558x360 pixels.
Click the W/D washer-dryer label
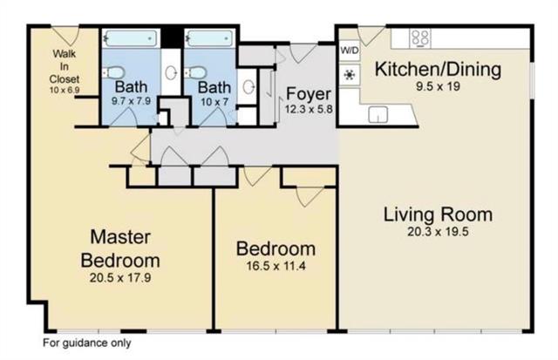(x=350, y=51)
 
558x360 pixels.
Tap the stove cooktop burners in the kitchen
(x=420, y=37)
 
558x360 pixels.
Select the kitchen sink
(x=378, y=114)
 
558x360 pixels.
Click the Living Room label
(x=438, y=214)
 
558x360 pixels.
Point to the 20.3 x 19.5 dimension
(x=438, y=232)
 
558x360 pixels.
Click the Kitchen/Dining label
(x=438, y=69)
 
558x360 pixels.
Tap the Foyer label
(x=309, y=93)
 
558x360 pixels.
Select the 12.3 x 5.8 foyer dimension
(x=309, y=109)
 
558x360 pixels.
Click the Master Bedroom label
(x=120, y=248)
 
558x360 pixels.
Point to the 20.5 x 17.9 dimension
(x=120, y=277)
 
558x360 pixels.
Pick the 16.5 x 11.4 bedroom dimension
(x=276, y=266)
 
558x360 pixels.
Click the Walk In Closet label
(x=65, y=66)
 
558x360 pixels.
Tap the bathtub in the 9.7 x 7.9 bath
(x=132, y=38)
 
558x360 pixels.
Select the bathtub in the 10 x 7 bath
(x=210, y=38)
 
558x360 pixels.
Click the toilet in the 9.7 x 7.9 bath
(x=114, y=72)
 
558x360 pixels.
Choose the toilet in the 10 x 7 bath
(x=195, y=72)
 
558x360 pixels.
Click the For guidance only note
(x=87, y=343)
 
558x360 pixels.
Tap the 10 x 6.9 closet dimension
(x=65, y=90)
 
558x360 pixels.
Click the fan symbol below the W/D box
(x=350, y=75)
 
